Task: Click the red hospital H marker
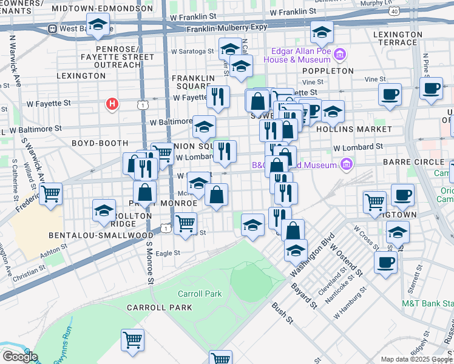112,104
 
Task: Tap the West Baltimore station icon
53,29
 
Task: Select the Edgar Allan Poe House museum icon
340,56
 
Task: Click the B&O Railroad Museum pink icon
346,164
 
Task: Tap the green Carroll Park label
199,294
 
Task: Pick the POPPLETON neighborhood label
335,71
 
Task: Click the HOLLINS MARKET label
362,129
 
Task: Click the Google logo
19,357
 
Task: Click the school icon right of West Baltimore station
97,26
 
